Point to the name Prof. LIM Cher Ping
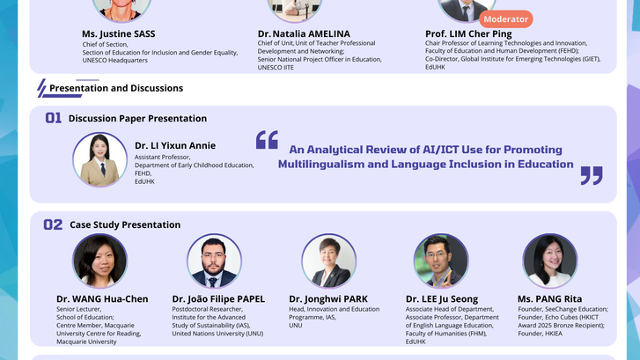point(467,33)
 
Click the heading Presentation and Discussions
point(116,88)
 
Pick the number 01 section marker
point(54,118)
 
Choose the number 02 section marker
point(54,224)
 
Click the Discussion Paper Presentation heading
point(137,119)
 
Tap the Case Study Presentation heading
point(125,225)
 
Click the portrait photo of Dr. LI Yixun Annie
point(100,159)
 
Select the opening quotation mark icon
point(267,140)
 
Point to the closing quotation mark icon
point(591,174)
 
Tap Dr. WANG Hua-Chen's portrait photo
point(99,261)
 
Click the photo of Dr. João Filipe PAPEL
point(214,261)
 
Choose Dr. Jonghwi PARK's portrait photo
point(328,261)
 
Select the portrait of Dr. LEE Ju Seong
point(440,261)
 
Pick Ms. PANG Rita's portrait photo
point(549,261)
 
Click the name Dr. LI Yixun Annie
point(174,145)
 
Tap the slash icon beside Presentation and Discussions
point(40,88)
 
